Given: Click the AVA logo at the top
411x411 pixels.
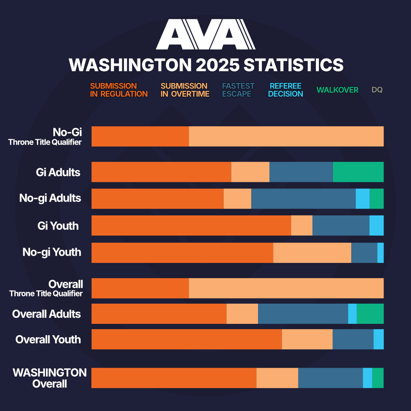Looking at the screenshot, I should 205,34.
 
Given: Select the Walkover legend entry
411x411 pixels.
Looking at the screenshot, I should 337,90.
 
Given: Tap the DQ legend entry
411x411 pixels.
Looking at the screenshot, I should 377,90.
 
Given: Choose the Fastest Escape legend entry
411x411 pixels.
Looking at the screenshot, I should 238,90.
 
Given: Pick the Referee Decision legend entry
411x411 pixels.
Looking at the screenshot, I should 285,90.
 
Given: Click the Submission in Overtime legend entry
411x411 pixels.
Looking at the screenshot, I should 185,90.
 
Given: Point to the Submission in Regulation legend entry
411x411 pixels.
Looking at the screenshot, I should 119,90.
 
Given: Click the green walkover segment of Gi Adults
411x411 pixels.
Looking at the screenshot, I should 358,172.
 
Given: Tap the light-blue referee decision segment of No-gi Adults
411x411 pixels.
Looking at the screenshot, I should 363,199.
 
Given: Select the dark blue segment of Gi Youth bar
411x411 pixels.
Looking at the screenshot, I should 341,225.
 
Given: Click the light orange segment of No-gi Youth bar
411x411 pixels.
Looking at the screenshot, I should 312,253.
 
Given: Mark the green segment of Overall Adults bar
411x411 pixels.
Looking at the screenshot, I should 370,314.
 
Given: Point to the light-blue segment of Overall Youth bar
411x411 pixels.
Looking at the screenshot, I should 379,339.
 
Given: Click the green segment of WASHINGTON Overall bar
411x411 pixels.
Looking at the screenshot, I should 378,378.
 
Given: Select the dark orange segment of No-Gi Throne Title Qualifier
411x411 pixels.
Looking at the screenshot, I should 140,136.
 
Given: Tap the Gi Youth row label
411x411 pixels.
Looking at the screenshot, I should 58,226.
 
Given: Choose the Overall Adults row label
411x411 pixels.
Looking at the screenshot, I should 46,314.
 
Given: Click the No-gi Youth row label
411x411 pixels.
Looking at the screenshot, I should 52,252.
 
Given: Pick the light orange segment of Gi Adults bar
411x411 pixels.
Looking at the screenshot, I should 250,172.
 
